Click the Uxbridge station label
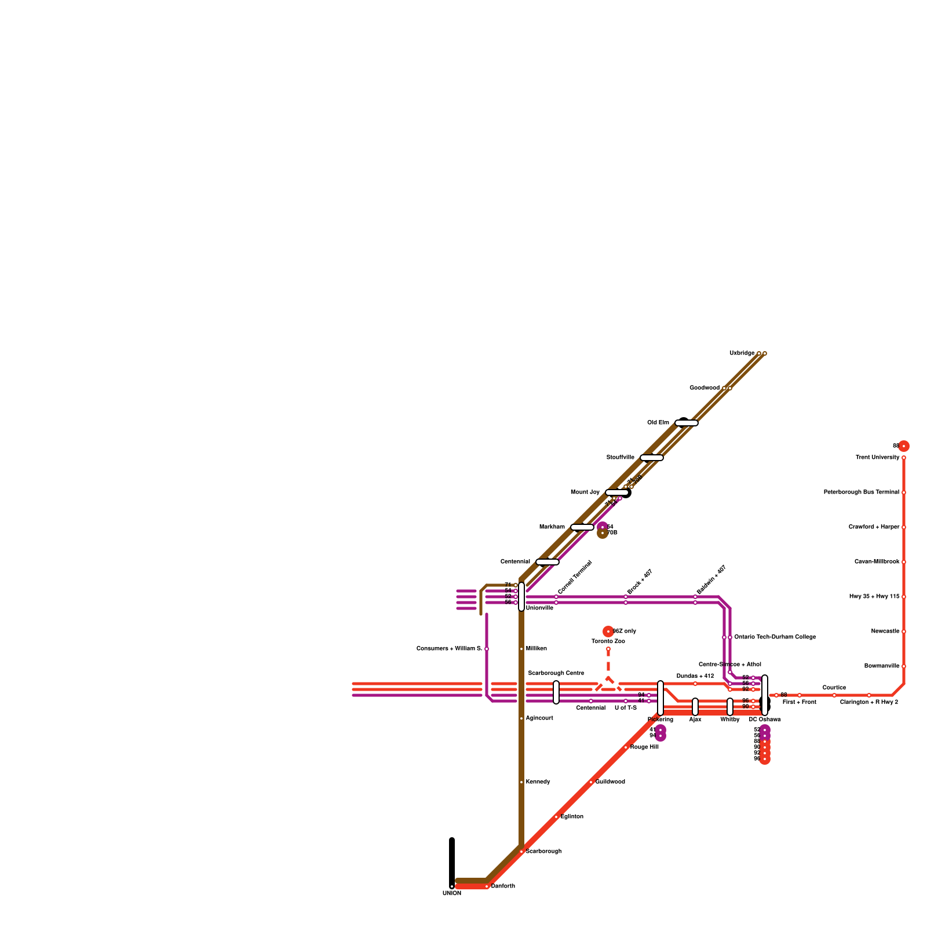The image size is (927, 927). tap(742, 353)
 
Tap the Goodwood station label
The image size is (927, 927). tap(705, 388)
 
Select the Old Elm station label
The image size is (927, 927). tap(658, 423)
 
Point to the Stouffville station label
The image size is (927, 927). tap(621, 458)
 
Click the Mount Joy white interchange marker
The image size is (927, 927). tap(617, 492)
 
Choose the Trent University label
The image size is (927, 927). tap(877, 458)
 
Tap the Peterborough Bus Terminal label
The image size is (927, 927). tap(862, 492)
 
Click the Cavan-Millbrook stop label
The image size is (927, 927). tap(877, 562)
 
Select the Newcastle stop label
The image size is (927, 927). tap(885, 632)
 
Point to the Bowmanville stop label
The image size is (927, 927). tap(881, 666)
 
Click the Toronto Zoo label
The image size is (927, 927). tap(608, 641)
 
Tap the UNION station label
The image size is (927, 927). tap(452, 893)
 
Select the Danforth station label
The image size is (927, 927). tap(503, 886)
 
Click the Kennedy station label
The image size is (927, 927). tap(538, 782)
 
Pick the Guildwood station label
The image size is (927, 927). tap(610, 782)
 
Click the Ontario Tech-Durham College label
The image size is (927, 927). tap(775, 637)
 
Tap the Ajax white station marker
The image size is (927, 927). tap(695, 707)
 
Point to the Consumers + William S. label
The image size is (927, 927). tap(449, 649)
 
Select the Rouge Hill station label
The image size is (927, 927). tap(644, 747)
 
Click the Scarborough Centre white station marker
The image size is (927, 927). tap(556, 692)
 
